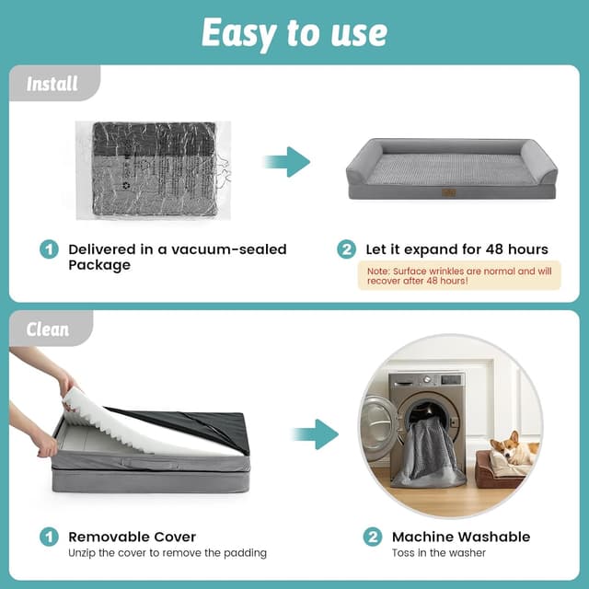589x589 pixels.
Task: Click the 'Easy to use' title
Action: pyautogui.click(x=294, y=33)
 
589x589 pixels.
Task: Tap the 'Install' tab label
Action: pyautogui.click(x=52, y=85)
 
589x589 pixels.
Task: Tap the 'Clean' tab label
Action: pyautogui.click(x=48, y=329)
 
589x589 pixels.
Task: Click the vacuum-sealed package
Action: pyautogui.click(x=153, y=169)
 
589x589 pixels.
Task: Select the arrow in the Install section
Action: pyautogui.click(x=287, y=162)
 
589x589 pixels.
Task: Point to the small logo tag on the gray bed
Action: pyautogui.click(x=449, y=192)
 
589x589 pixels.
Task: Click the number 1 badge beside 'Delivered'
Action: pyautogui.click(x=48, y=249)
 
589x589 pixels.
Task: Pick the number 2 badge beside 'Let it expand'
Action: pyautogui.click(x=346, y=249)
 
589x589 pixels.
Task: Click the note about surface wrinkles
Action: pyautogui.click(x=458, y=275)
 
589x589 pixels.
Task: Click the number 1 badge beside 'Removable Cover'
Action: pyautogui.click(x=48, y=537)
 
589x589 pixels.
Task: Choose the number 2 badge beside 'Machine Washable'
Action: pyautogui.click(x=371, y=537)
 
